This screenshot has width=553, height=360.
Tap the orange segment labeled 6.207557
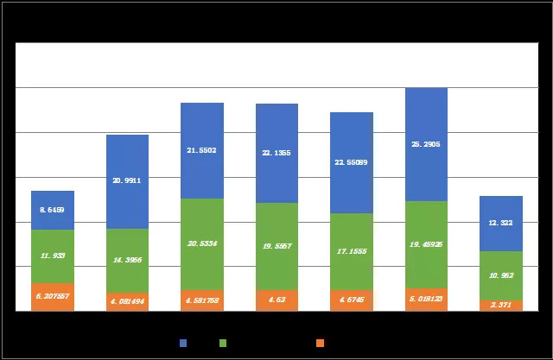(x=52, y=297)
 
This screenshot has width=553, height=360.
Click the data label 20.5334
(x=201, y=243)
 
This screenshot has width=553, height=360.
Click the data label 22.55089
(x=351, y=161)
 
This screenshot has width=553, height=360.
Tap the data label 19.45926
(x=426, y=245)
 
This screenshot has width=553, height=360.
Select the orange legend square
(x=321, y=343)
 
